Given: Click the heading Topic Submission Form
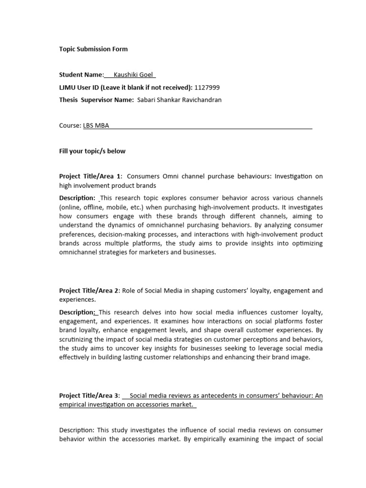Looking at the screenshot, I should pyautogui.click(x=93, y=49).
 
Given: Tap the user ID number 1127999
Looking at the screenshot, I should pyautogui.click(x=207, y=88).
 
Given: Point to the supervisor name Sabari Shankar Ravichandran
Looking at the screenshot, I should pyautogui.click(x=179, y=100).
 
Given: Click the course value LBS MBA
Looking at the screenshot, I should pyautogui.click(x=96, y=126).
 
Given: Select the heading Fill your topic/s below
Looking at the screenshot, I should pyautogui.click(x=92, y=151).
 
